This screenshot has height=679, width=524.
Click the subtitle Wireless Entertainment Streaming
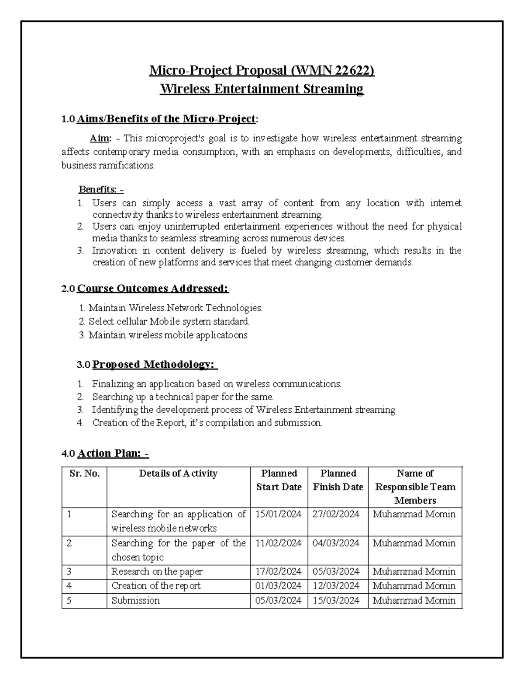tap(262, 89)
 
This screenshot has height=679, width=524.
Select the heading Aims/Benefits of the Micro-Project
tap(166, 118)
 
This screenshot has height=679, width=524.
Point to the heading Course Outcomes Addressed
tap(153, 289)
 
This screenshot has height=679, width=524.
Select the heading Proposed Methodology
tap(155, 364)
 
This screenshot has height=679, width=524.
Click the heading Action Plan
tap(112, 453)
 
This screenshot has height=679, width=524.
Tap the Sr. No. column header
tap(85, 474)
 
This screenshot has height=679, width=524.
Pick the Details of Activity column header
tap(178, 474)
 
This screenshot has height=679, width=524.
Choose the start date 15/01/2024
tap(279, 514)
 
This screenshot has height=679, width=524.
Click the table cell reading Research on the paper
tap(157, 571)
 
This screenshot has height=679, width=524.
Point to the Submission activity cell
tap(135, 600)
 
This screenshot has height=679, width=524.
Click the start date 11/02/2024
tap(279, 543)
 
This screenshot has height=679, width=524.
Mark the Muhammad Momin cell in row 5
tap(414, 600)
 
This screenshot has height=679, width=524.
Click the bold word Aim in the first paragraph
tap(100, 139)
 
